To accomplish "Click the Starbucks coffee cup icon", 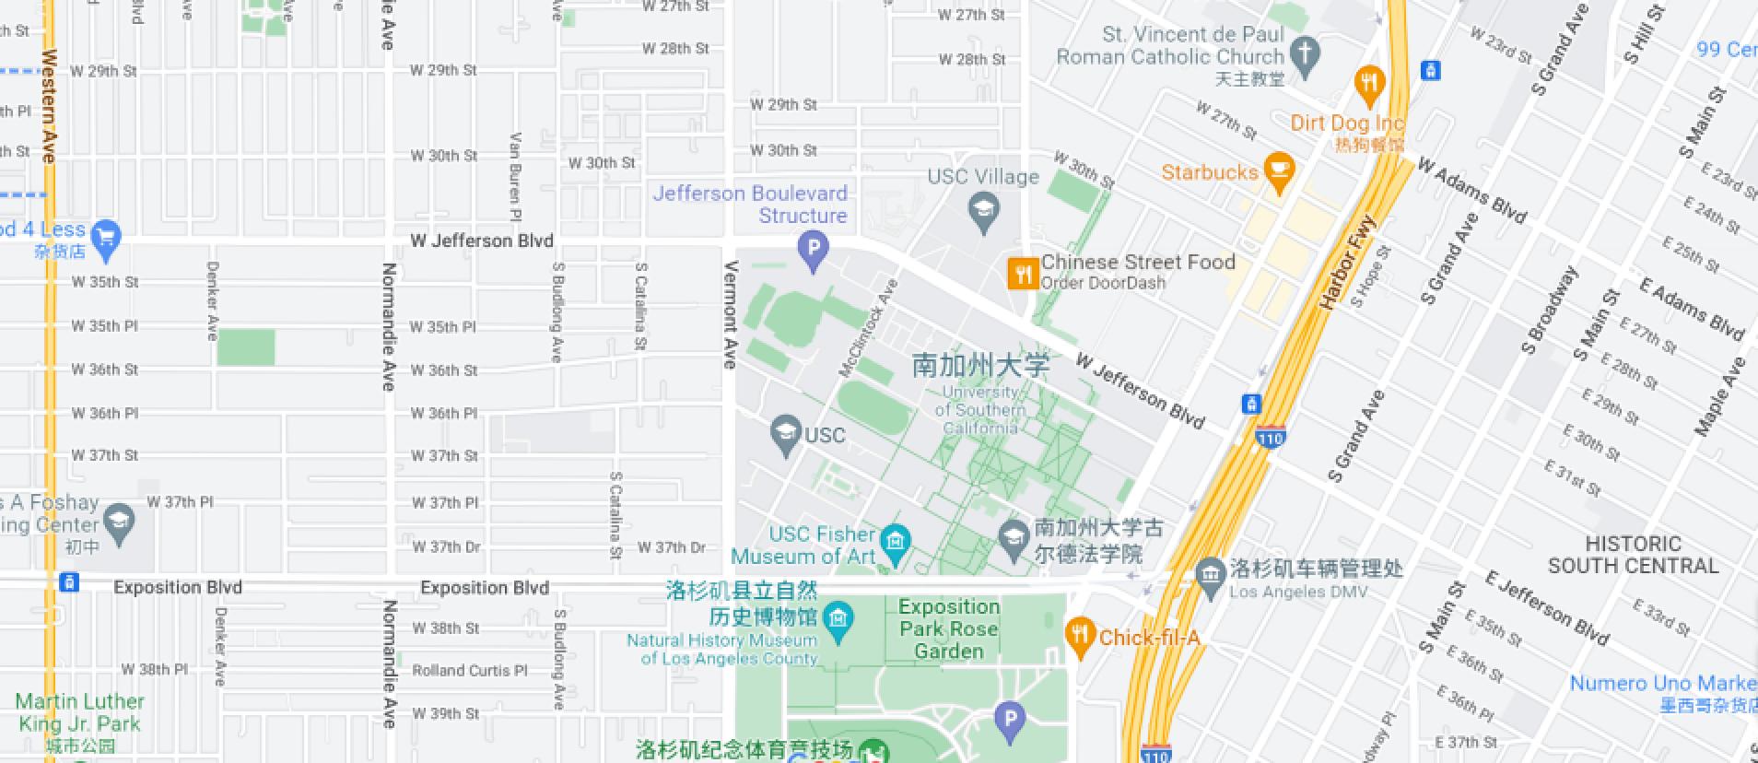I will [x=1278, y=170].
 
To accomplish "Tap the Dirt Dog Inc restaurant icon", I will [x=1371, y=83].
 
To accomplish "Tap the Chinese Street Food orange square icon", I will [x=1023, y=273].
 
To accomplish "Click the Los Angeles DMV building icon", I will [x=1210, y=572].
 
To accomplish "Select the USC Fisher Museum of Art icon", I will [x=895, y=541].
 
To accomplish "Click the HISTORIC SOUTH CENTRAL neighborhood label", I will [x=1633, y=555].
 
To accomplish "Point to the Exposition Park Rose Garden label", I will [x=949, y=628].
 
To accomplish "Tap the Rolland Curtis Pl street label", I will [x=469, y=670].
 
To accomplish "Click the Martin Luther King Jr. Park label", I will [x=79, y=712].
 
